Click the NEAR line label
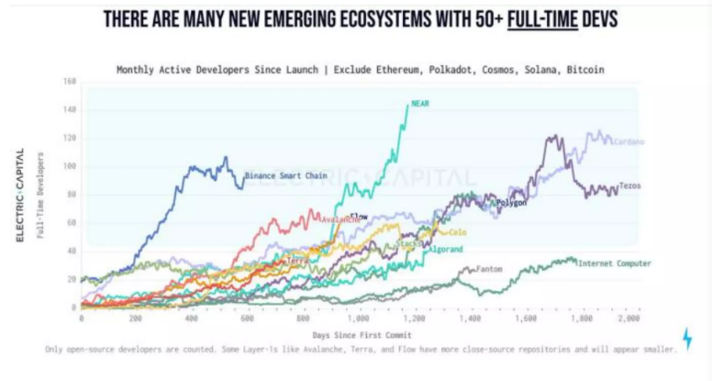[x=421, y=104]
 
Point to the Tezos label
[x=629, y=186]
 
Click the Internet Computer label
[x=615, y=263]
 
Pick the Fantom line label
[x=489, y=270]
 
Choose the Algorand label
[x=445, y=249]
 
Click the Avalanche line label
[x=342, y=219]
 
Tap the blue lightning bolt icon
[x=688, y=337]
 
